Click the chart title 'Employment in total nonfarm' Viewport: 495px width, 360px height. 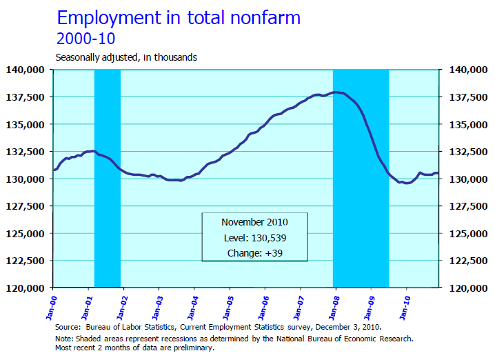(179, 17)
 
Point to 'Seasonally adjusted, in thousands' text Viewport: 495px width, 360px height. (126, 57)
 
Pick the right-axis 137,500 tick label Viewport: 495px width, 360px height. (465, 97)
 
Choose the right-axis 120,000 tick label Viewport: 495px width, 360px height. (465, 288)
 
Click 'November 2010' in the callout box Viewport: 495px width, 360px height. (254, 222)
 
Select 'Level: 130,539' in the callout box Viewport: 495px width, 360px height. (254, 237)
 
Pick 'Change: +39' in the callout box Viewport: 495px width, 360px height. (254, 253)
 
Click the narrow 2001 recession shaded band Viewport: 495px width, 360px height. (107, 207)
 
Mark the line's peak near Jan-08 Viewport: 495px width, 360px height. (336, 92)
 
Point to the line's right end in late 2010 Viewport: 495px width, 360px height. (438, 173)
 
